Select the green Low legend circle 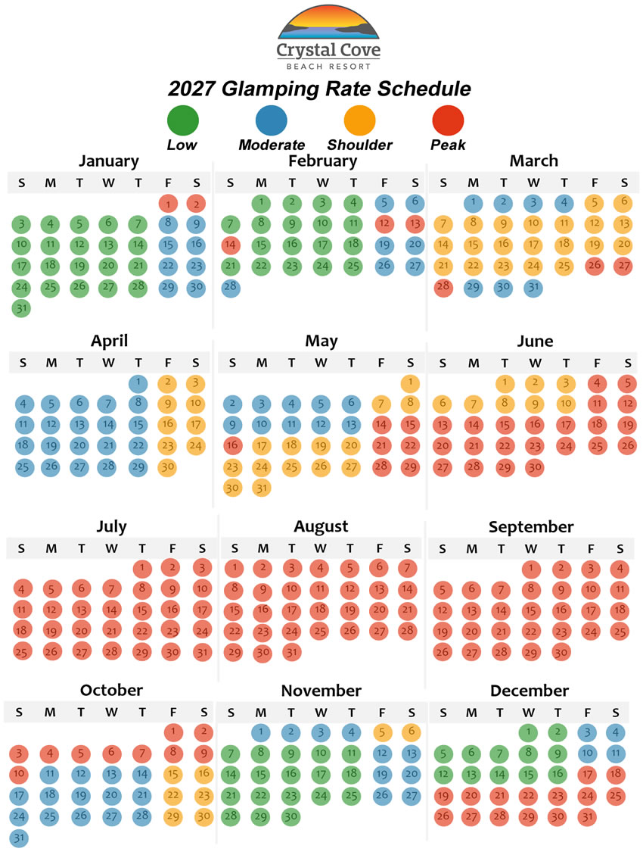click(182, 121)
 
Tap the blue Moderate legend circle click(271, 121)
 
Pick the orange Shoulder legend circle click(359, 121)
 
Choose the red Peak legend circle click(448, 121)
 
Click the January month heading click(109, 161)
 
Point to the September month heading click(531, 526)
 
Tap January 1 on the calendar click(168, 204)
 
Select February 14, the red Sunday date click(231, 245)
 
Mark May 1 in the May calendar click(410, 383)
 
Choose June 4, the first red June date click(598, 383)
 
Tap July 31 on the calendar click(201, 651)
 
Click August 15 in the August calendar click(234, 610)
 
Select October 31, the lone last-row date click(19, 838)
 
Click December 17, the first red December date click(586, 775)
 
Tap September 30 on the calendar click(561, 651)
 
